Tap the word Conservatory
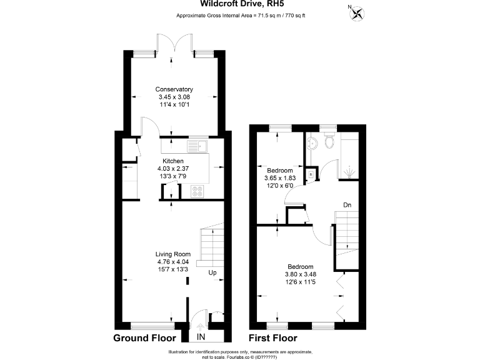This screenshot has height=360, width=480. coord(174,89)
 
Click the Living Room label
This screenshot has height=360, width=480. coord(172,254)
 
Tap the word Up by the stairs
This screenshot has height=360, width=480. coord(212,273)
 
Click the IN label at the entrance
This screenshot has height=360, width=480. coord(201,337)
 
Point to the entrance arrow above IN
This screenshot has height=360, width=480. coord(201,325)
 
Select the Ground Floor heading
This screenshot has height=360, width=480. coord(144,338)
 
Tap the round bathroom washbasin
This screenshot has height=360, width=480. coord(315,142)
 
